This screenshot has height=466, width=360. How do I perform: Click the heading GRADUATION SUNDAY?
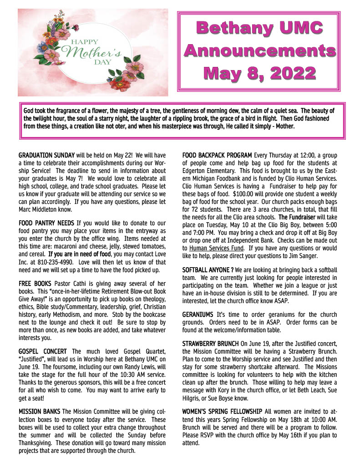46,155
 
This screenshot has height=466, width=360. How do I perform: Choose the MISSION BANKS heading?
39,411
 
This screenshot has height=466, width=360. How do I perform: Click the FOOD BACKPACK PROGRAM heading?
217,155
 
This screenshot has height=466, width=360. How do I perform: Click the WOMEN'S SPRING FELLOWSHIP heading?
222,411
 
